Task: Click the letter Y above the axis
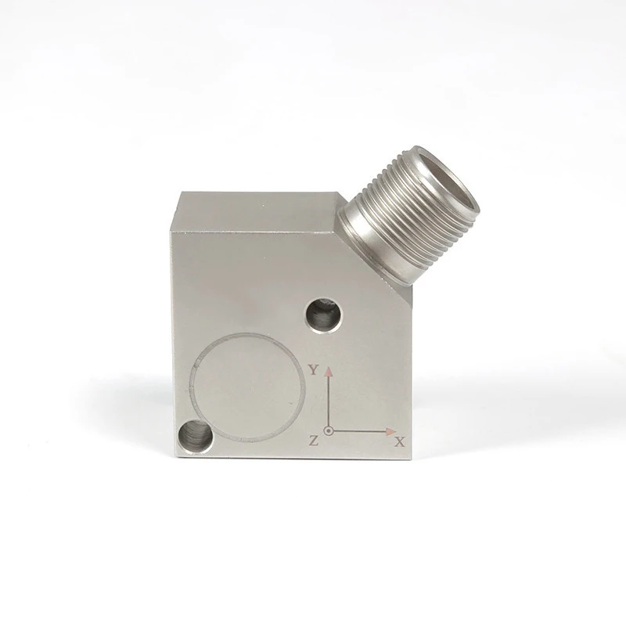(x=313, y=371)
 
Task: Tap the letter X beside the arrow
(x=400, y=442)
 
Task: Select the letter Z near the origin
(x=314, y=441)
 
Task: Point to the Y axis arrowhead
(x=329, y=369)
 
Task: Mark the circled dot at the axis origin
(x=329, y=430)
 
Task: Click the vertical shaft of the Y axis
(x=329, y=399)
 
